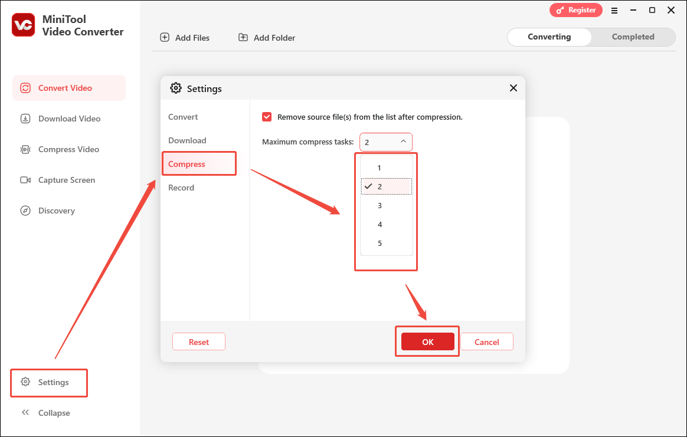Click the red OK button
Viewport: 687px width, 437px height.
click(428, 342)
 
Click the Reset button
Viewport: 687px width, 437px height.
click(199, 342)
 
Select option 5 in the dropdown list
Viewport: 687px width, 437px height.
click(380, 243)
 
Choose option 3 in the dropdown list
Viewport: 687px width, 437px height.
click(380, 205)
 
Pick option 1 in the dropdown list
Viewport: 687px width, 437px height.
click(380, 168)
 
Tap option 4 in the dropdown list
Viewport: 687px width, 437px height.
click(380, 224)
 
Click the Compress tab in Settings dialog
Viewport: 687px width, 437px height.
click(187, 164)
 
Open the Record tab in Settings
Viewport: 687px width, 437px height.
click(181, 188)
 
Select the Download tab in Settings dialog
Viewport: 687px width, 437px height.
click(187, 140)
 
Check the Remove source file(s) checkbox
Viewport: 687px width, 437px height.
click(267, 117)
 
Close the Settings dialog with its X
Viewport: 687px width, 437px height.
click(513, 88)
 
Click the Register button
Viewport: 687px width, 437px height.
click(575, 10)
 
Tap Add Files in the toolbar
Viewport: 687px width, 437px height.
click(185, 38)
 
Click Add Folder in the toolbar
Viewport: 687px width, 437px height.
click(267, 38)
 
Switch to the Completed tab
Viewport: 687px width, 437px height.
click(633, 37)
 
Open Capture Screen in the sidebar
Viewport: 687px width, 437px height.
click(66, 180)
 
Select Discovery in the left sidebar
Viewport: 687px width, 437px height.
click(56, 211)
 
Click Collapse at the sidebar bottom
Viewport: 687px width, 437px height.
click(54, 413)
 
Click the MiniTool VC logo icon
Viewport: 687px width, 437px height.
click(24, 25)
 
